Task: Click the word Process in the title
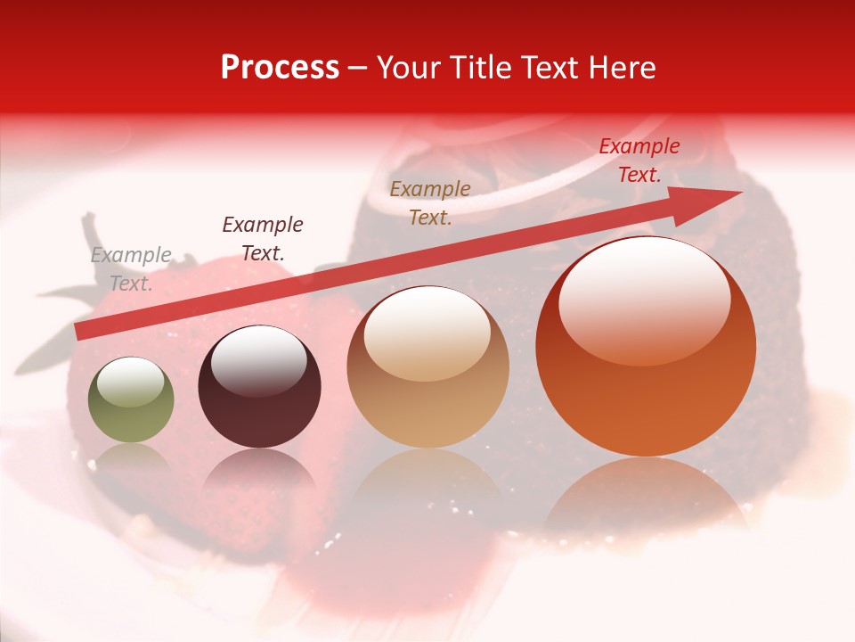[280, 68]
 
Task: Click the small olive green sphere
[131, 401]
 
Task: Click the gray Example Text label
[131, 269]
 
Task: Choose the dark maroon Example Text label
[262, 239]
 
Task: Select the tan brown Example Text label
[430, 202]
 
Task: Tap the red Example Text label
[639, 160]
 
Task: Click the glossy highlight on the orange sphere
[644, 299]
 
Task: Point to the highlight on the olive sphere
[130, 382]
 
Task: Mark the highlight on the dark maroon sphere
[258, 361]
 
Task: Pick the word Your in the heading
[406, 68]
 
